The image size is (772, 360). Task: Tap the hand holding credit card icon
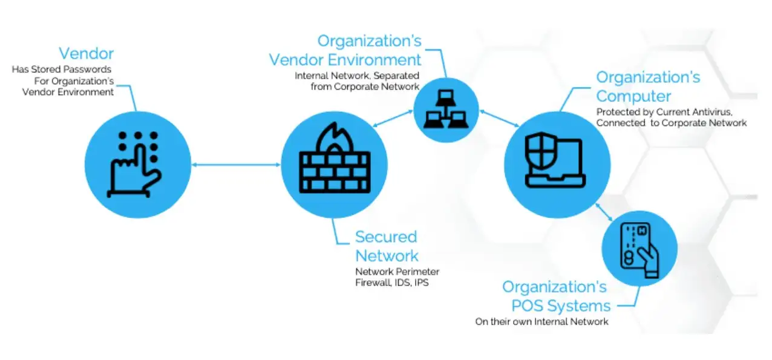point(639,248)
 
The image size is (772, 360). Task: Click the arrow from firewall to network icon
point(391,120)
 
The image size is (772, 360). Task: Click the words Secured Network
point(386,245)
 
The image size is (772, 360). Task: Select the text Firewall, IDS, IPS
point(391,283)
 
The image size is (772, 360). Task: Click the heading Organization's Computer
point(648,87)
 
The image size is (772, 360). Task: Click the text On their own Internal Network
point(541,321)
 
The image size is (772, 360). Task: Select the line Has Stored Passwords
point(62,70)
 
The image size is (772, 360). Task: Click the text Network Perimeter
point(397,271)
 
